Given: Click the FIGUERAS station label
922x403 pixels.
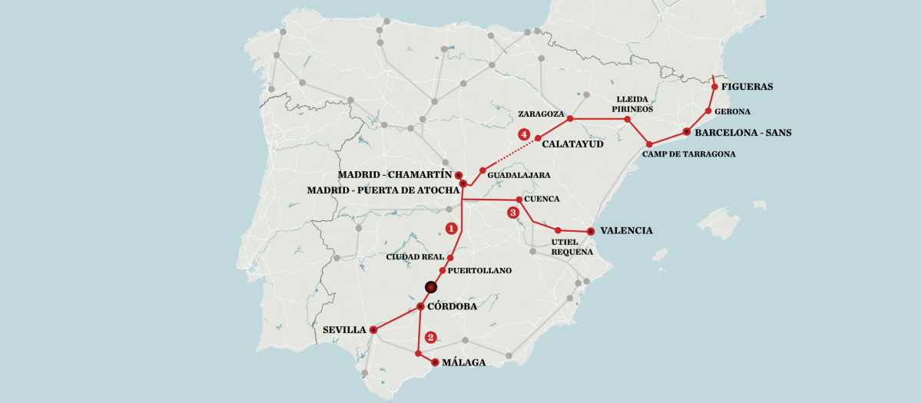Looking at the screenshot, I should [747, 87].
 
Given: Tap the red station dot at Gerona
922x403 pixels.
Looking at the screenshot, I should [708, 111].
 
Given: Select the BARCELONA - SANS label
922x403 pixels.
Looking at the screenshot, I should [742, 133].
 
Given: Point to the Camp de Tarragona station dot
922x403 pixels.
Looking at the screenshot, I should [649, 144].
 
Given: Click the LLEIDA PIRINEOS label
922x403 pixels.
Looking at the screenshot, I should [632, 104].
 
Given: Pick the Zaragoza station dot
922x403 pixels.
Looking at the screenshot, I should [570, 119].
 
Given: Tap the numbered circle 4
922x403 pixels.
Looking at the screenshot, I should [525, 134].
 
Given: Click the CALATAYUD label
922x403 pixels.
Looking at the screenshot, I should [572, 144].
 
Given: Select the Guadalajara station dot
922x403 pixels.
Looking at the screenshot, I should [483, 170].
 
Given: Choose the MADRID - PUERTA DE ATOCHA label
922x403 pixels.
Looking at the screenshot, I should [382, 190].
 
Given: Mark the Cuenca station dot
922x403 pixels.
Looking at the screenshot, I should [519, 200].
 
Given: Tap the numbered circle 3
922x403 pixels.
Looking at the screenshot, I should [513, 213].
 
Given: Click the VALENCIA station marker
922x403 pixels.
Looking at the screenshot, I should [590, 231].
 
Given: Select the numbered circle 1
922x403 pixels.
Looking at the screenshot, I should [451, 228].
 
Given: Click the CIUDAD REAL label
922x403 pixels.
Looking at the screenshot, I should [416, 257].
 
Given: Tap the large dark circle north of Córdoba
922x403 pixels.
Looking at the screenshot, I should [431, 287].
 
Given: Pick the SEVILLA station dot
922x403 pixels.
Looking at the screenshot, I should [373, 330].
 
